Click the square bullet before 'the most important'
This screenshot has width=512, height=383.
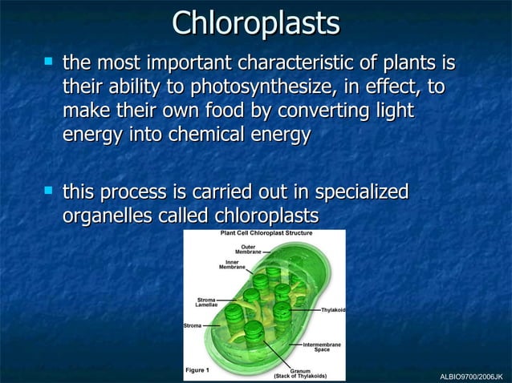pos(49,61)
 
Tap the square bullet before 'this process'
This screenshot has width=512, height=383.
pos(49,191)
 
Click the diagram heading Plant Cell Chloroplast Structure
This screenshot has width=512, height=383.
pos(266,233)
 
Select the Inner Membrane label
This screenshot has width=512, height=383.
pos(233,264)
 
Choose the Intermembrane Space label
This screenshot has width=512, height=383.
pos(321,346)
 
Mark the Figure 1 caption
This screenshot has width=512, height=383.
pos(197,370)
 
